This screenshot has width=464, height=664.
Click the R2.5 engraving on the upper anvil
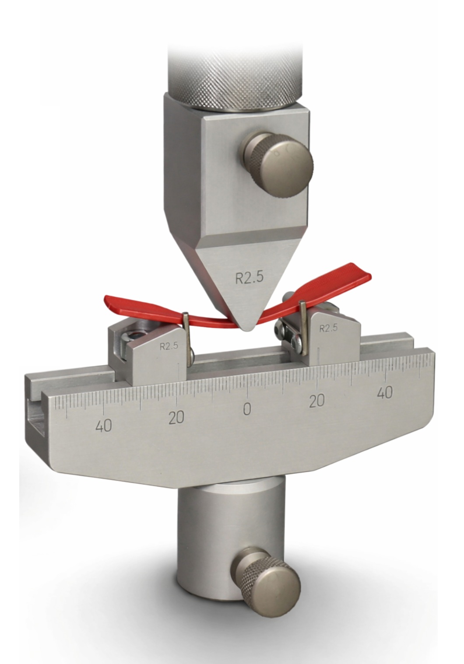tap(249, 278)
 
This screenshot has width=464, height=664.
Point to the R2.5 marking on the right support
tap(328, 328)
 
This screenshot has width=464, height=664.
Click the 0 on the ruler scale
tap(247, 409)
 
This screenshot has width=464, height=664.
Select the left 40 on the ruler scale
tap(104, 426)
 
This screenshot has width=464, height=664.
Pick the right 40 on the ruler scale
tap(385, 393)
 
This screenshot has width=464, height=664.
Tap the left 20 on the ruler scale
tap(176, 417)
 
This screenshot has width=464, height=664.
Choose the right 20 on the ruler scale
tap(316, 401)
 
